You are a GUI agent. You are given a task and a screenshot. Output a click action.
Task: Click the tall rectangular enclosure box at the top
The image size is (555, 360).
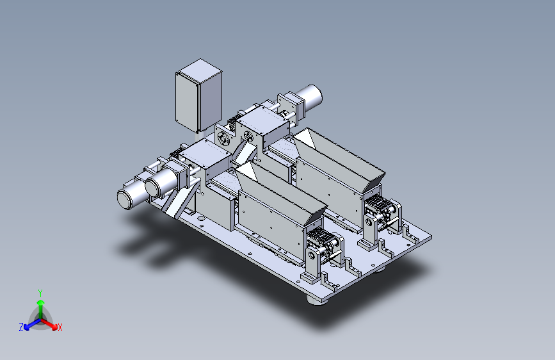[198, 95]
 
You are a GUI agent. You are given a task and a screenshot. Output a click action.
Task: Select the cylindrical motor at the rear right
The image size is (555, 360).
[309, 97]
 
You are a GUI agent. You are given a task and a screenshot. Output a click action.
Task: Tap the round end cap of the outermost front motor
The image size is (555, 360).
[124, 199]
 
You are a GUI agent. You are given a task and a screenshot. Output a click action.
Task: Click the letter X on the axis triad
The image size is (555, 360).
[60, 327]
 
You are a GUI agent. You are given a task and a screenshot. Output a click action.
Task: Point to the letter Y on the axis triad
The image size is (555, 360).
[40, 293]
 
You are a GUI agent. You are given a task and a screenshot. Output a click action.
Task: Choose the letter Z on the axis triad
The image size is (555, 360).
[21, 327]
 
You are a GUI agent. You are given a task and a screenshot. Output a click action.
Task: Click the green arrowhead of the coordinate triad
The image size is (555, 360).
[41, 303]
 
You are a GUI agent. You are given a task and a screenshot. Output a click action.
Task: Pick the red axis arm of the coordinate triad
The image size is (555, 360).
[48, 323]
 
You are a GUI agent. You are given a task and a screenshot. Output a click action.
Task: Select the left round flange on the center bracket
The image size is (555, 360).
[223, 138]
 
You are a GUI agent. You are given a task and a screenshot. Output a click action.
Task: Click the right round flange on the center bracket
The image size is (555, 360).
[248, 136]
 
